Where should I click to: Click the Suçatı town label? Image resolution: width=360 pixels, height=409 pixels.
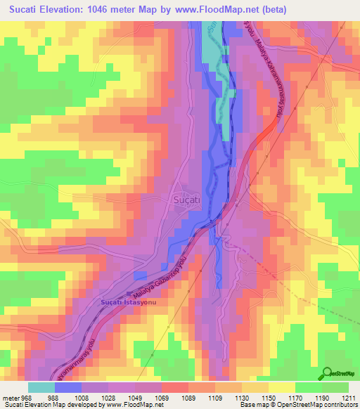click(x=187, y=200)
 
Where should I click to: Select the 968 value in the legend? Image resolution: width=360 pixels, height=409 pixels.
click(x=25, y=397)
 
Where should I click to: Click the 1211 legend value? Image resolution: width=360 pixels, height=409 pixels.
click(x=349, y=397)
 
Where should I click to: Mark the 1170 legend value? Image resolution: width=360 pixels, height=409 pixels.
click(x=295, y=397)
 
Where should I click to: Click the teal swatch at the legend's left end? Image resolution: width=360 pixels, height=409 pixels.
click(x=41, y=387)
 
